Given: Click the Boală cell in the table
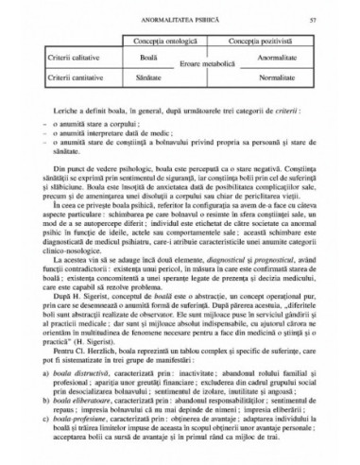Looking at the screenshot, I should (x=146, y=58).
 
